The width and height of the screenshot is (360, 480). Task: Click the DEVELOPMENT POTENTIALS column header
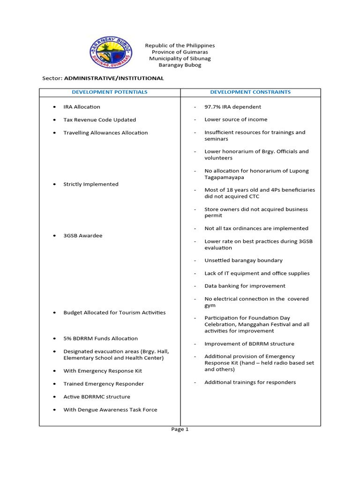point(110,92)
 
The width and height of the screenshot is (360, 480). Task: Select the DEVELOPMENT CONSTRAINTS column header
point(250,92)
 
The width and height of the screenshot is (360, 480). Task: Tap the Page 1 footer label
point(180,429)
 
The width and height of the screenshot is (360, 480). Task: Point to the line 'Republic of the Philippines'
point(180,45)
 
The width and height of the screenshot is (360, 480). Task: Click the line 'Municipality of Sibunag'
point(180,59)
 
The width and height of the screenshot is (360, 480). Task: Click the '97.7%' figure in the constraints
point(212,107)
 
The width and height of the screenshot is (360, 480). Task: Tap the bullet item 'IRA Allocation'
point(82,107)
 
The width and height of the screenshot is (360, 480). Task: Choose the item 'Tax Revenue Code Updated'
point(99,120)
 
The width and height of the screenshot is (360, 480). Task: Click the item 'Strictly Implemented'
point(91,184)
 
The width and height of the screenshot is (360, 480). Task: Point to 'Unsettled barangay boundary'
point(243,261)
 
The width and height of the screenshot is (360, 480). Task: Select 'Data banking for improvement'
point(245,286)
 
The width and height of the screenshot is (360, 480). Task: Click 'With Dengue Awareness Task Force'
point(110,410)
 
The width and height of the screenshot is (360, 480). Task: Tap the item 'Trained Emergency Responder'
point(104,384)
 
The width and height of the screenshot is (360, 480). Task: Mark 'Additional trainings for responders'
point(250,382)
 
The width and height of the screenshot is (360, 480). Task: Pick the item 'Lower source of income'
point(236,120)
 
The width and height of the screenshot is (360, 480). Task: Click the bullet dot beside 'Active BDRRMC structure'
point(55,397)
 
